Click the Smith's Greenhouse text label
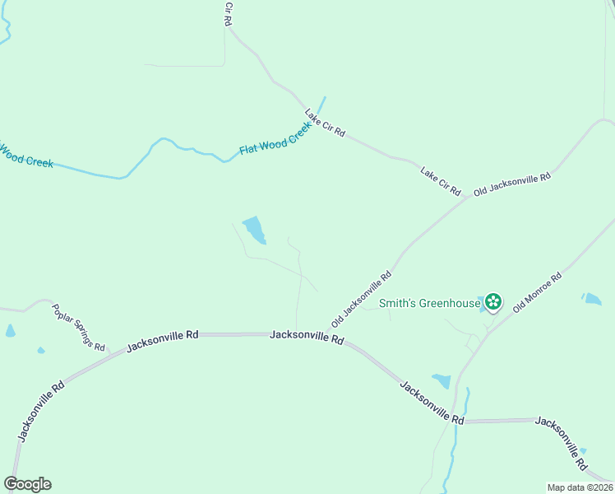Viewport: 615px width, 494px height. [429, 303]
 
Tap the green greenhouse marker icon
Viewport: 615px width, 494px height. [492, 303]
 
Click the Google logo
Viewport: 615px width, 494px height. [27, 484]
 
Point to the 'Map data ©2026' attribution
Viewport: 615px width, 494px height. [580, 487]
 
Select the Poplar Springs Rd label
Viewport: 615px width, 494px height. [79, 328]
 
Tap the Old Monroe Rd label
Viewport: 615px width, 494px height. [537, 291]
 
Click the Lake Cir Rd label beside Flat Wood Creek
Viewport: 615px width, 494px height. [325, 123]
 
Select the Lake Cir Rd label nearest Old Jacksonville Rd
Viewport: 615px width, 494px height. [441, 181]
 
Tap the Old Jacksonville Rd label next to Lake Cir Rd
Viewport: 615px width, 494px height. [511, 184]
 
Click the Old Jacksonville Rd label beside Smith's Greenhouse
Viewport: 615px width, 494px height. [361, 299]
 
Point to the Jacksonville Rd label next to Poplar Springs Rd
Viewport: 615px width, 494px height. [163, 341]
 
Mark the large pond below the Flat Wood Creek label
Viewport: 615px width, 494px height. [254, 230]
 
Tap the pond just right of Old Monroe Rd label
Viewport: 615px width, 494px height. [591, 298]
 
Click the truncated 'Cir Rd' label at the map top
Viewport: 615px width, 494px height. [229, 13]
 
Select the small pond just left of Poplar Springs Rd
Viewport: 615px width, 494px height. [10, 331]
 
